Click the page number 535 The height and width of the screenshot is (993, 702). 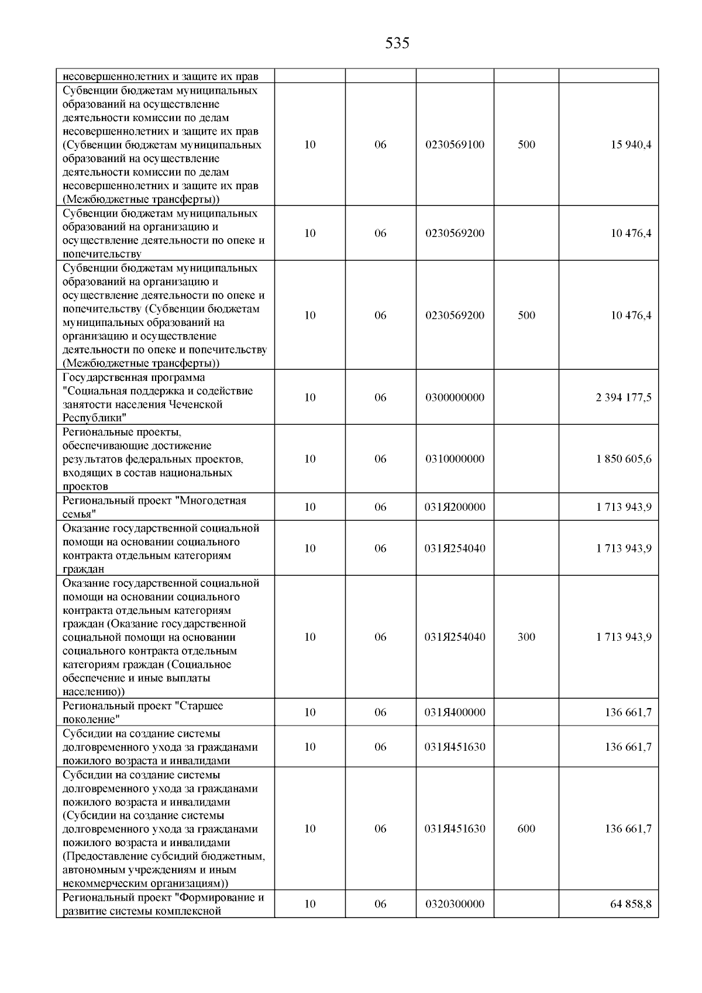tap(397, 43)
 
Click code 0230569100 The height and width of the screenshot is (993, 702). tap(455, 145)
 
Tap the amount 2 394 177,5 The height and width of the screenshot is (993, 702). tap(624, 398)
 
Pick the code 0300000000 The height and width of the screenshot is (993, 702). tap(455, 398)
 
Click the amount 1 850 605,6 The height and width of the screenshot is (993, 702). tap(624, 459)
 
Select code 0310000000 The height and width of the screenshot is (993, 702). tap(455, 459)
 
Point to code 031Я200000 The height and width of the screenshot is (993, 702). tap(455, 507)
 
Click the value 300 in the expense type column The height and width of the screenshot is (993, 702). tap(526, 637)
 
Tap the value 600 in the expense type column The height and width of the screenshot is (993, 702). tap(526, 829)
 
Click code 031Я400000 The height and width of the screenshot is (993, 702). tap(455, 713)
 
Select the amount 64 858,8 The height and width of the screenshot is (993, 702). tap(631, 904)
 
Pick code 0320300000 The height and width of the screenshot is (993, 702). tap(455, 904)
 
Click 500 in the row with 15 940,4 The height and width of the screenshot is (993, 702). tap(526, 145)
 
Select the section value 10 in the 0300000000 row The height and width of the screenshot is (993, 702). tap(310, 398)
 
